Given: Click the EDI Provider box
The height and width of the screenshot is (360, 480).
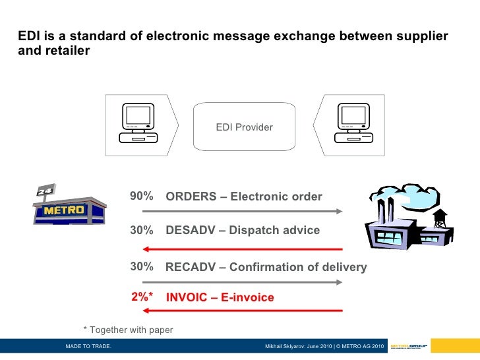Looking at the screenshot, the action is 244,127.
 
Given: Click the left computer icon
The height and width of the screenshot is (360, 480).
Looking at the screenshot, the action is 138,123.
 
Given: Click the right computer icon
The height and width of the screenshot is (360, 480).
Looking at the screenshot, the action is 352,123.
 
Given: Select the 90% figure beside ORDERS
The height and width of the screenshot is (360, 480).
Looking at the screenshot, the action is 142,196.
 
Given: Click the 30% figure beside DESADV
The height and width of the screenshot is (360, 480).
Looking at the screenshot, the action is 142,231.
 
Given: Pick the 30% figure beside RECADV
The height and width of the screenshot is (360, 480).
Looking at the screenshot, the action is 142,266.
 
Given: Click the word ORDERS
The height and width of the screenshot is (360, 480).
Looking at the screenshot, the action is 191,196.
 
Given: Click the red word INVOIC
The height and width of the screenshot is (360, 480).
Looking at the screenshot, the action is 187,298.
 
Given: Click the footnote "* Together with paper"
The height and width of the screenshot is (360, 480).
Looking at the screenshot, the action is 128,330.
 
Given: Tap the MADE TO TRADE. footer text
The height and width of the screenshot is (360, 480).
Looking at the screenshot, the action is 88,347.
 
